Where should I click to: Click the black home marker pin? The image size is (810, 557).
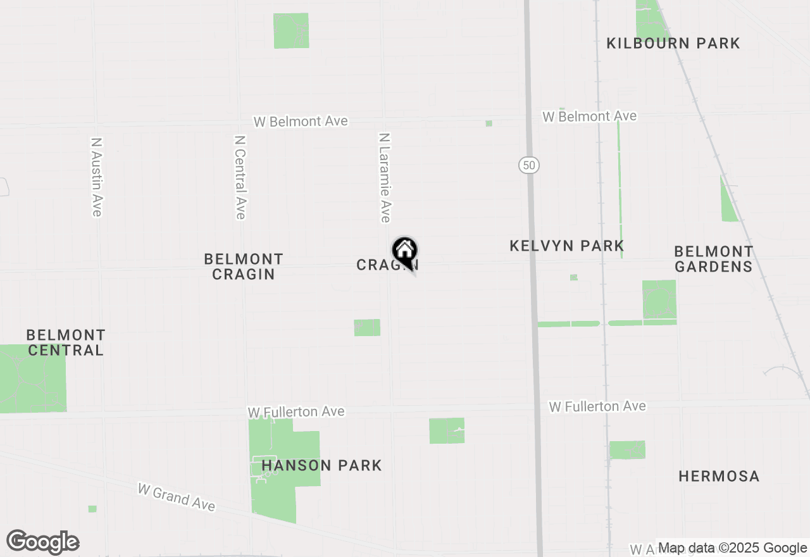click(x=405, y=253)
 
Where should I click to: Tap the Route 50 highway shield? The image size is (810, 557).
click(x=529, y=165)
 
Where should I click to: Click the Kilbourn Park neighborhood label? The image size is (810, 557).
click(x=673, y=43)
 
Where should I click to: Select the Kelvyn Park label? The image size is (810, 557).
click(x=566, y=246)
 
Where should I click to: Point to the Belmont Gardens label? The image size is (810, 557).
click(x=713, y=259)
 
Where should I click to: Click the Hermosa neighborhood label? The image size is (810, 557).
click(x=719, y=476)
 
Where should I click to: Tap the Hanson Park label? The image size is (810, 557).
click(x=321, y=466)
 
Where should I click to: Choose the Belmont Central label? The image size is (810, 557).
click(x=66, y=342)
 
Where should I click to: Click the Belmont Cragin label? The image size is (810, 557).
click(x=244, y=266)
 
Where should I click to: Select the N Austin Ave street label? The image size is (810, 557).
click(x=96, y=178)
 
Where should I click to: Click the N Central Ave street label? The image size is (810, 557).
click(x=240, y=177)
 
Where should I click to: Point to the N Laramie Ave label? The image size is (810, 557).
click(x=384, y=178)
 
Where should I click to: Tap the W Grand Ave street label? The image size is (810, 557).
click(x=177, y=498)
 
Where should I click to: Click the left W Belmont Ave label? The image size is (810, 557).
click(x=301, y=122)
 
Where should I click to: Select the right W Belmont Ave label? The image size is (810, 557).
click(x=589, y=116)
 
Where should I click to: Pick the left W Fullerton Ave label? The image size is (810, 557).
click(x=296, y=412)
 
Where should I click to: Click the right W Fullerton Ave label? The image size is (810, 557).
click(x=597, y=406)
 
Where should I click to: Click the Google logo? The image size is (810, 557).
click(x=43, y=542)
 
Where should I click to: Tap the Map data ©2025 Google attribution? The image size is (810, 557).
click(x=732, y=548)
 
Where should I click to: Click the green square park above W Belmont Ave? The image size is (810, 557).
click(x=291, y=30)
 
